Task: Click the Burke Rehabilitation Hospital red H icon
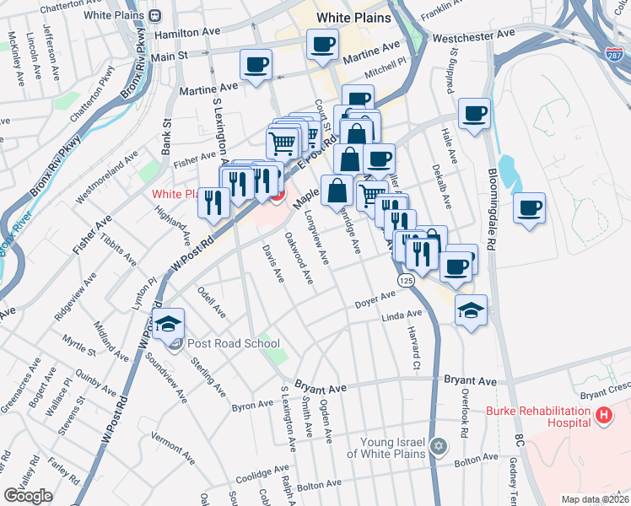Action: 603,415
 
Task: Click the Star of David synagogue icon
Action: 437,445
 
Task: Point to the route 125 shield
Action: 407,280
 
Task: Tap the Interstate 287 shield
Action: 614,53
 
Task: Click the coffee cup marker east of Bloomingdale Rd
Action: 529,208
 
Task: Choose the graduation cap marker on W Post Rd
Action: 169,324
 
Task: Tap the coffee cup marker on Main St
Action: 256,65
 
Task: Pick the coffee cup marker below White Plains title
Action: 321,45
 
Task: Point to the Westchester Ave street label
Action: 472,37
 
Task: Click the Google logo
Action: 28,496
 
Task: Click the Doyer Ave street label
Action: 375,300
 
